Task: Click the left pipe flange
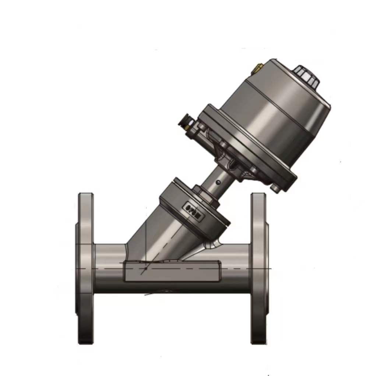85,268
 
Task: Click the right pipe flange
258,268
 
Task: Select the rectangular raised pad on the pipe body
172,271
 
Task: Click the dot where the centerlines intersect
146,268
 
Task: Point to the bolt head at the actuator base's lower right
275,188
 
